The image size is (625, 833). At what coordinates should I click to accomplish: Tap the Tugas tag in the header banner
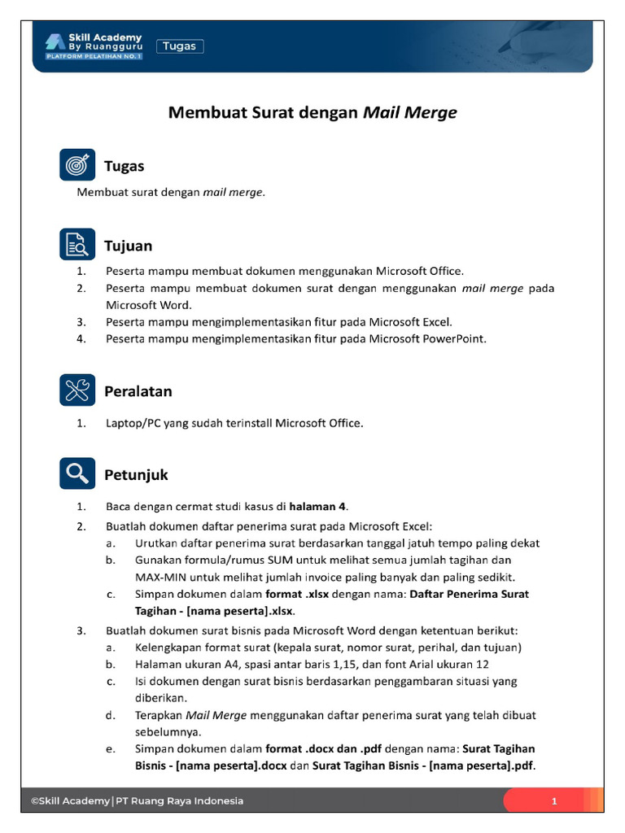[179, 46]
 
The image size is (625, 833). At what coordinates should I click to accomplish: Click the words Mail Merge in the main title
[409, 113]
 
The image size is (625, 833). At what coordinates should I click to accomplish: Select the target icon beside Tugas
[78, 165]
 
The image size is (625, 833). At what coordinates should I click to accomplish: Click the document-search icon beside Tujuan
[78, 245]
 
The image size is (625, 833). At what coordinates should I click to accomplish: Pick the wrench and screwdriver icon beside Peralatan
[78, 390]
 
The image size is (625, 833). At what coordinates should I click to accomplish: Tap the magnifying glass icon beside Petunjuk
[78, 473]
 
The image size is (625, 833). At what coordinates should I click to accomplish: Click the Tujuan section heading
[128, 246]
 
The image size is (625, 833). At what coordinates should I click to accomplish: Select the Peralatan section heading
[138, 391]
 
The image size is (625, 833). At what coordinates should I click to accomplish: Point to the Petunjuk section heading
[136, 474]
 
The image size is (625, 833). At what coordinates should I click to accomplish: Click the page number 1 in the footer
[553, 801]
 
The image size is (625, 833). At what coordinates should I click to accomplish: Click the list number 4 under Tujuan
[81, 339]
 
